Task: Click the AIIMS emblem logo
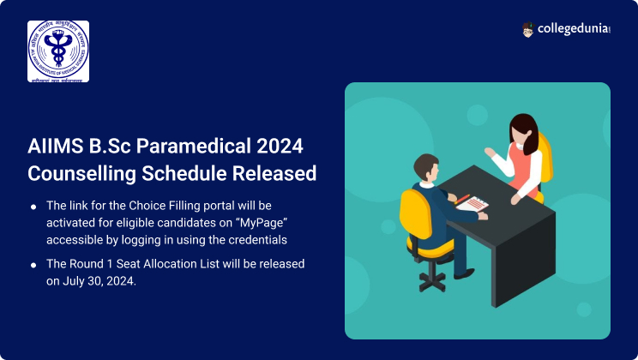coord(58,51)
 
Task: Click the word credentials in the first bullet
coord(256,238)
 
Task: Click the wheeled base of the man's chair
coord(434,273)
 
